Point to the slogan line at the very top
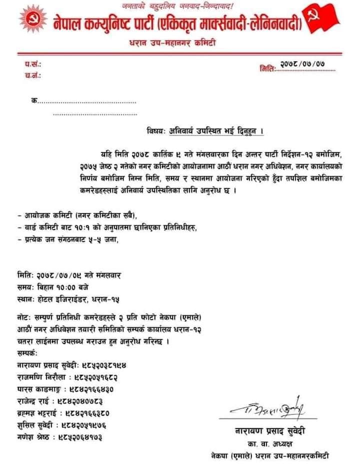click(178, 5)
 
